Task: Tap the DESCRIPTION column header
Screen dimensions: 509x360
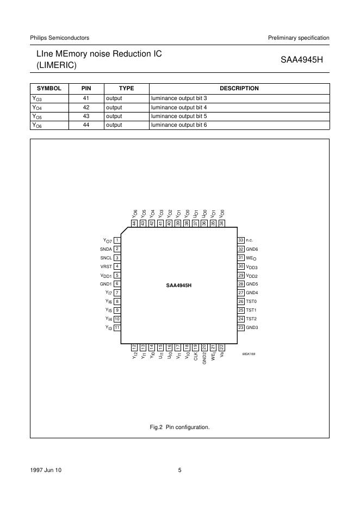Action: [x=239, y=88]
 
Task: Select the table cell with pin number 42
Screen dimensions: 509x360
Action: [x=85, y=107]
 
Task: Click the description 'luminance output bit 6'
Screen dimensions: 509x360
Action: [x=179, y=125]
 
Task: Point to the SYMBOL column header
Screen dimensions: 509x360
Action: [x=49, y=88]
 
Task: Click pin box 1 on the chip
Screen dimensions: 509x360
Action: [x=117, y=240]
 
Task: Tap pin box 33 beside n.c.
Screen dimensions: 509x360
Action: [x=240, y=240]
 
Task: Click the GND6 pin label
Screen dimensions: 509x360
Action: [x=252, y=249]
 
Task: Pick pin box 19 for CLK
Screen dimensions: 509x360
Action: [x=196, y=346]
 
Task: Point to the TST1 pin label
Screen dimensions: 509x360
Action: [x=251, y=310]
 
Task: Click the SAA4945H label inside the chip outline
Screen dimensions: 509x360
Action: [x=179, y=284]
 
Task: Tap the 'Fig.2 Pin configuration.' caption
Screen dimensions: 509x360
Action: [x=179, y=427]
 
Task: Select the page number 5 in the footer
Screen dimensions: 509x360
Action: [x=179, y=470]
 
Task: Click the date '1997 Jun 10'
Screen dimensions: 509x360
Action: [x=46, y=470]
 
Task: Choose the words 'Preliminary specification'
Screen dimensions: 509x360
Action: [x=299, y=38]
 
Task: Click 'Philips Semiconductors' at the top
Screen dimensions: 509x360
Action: [x=59, y=38]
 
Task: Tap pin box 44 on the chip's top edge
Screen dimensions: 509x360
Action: [x=134, y=223]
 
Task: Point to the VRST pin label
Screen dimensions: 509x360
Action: [x=105, y=266]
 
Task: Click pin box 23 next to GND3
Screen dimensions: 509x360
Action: [x=240, y=327]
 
